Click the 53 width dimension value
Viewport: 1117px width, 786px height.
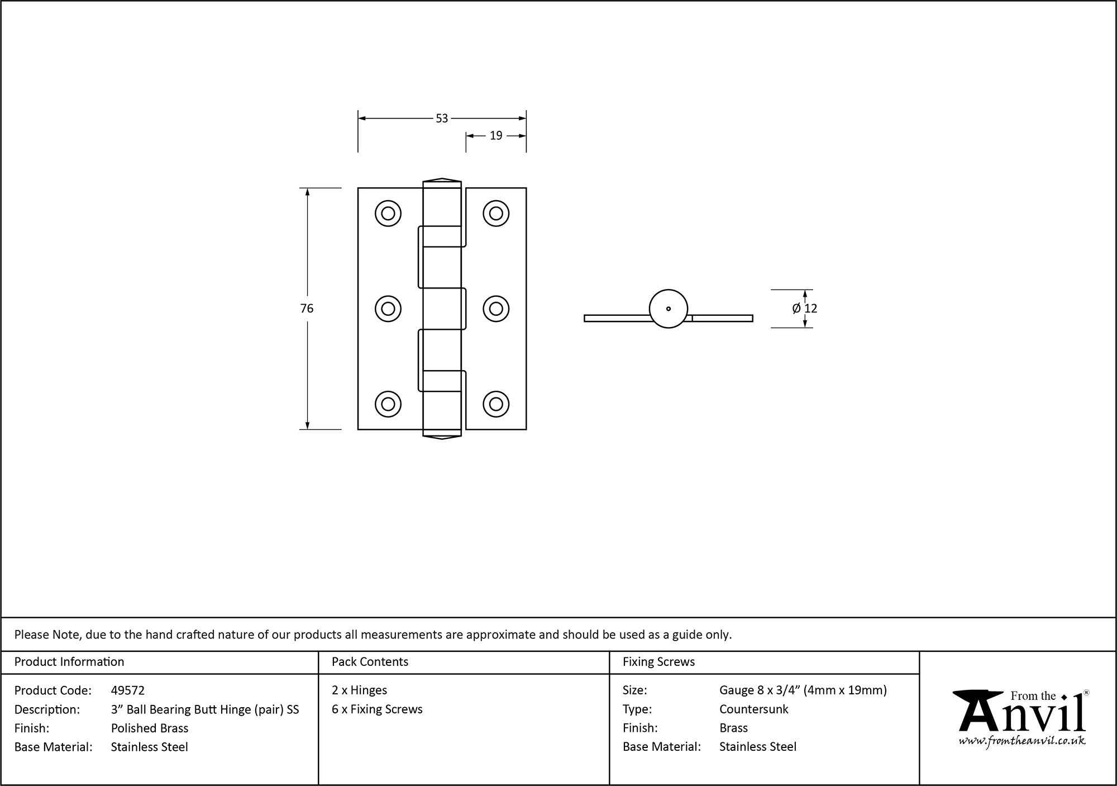click(x=442, y=119)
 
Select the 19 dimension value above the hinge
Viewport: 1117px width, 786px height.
click(x=496, y=136)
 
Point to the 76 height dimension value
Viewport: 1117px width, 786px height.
click(x=307, y=309)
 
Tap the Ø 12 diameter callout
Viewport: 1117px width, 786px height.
click(x=805, y=309)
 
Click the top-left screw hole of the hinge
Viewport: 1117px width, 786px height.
click(x=388, y=213)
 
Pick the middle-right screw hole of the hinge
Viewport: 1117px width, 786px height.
click(x=496, y=309)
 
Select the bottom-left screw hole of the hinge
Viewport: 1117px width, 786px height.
click(x=388, y=404)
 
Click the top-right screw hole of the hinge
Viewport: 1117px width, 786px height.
click(x=496, y=213)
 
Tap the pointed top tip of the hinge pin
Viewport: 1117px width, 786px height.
click(x=442, y=179)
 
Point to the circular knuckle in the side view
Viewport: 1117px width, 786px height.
click(x=669, y=309)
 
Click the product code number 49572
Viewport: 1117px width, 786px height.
click(x=128, y=690)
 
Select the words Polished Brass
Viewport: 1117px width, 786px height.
click(x=150, y=728)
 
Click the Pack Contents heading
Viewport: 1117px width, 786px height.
click(x=370, y=662)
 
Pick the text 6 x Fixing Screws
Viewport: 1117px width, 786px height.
click(x=377, y=709)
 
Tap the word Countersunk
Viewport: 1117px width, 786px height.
click(x=754, y=709)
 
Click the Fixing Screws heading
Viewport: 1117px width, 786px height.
click(x=659, y=662)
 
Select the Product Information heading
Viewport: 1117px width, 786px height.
click(x=69, y=662)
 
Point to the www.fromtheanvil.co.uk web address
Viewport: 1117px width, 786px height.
click(x=1022, y=741)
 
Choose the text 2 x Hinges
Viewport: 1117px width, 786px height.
click(x=359, y=690)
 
